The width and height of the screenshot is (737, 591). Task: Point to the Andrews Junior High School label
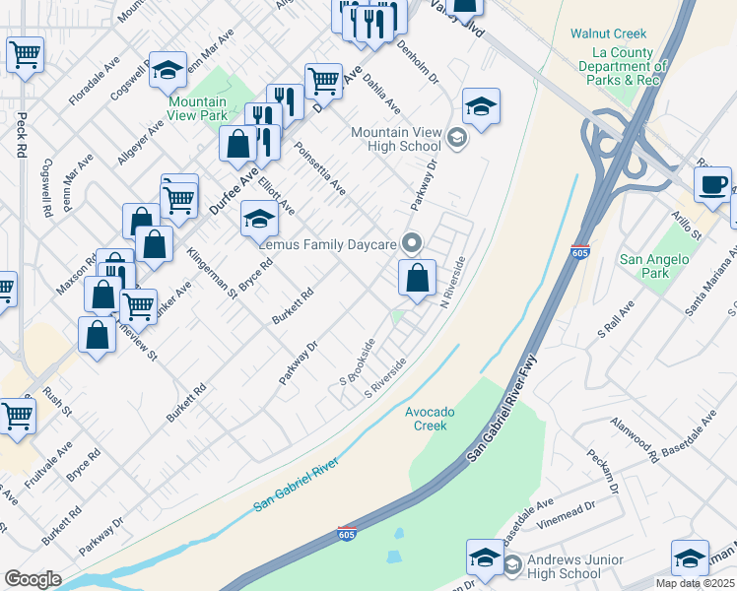tap(575, 566)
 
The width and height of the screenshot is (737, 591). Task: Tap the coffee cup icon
tap(712, 184)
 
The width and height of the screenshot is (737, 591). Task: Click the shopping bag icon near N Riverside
tap(418, 279)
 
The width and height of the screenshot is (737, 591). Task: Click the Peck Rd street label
tap(21, 135)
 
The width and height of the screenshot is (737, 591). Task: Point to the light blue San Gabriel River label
tap(296, 485)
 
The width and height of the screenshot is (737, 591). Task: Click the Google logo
tap(33, 579)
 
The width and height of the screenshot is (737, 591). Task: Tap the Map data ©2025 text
tap(695, 583)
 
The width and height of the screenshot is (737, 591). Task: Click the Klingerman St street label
tap(212, 273)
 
